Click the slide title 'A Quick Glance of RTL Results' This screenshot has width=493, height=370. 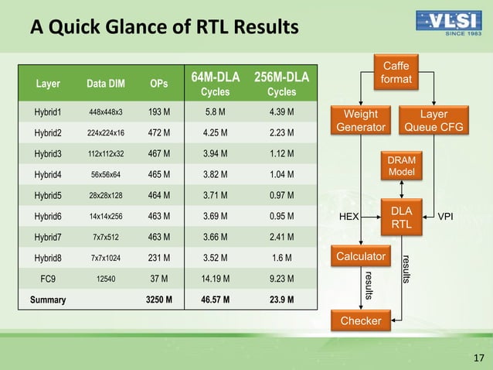pos(164,28)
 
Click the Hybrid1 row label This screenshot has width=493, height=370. pos(47,113)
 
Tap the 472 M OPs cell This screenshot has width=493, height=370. pos(158,132)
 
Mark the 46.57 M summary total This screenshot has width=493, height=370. pos(216,299)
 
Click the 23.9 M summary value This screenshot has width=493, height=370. pos(281,299)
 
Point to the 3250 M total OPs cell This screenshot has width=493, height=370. pos(158,299)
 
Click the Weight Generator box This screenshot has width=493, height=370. pos(359,122)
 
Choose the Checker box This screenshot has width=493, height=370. pos(361,320)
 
